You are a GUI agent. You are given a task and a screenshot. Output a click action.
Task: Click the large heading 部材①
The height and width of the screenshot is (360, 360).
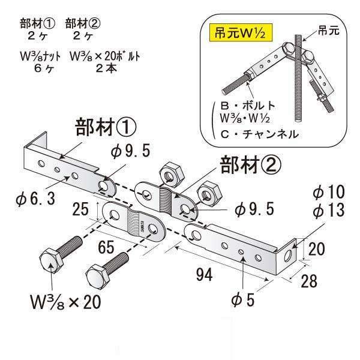pos(106,128)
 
